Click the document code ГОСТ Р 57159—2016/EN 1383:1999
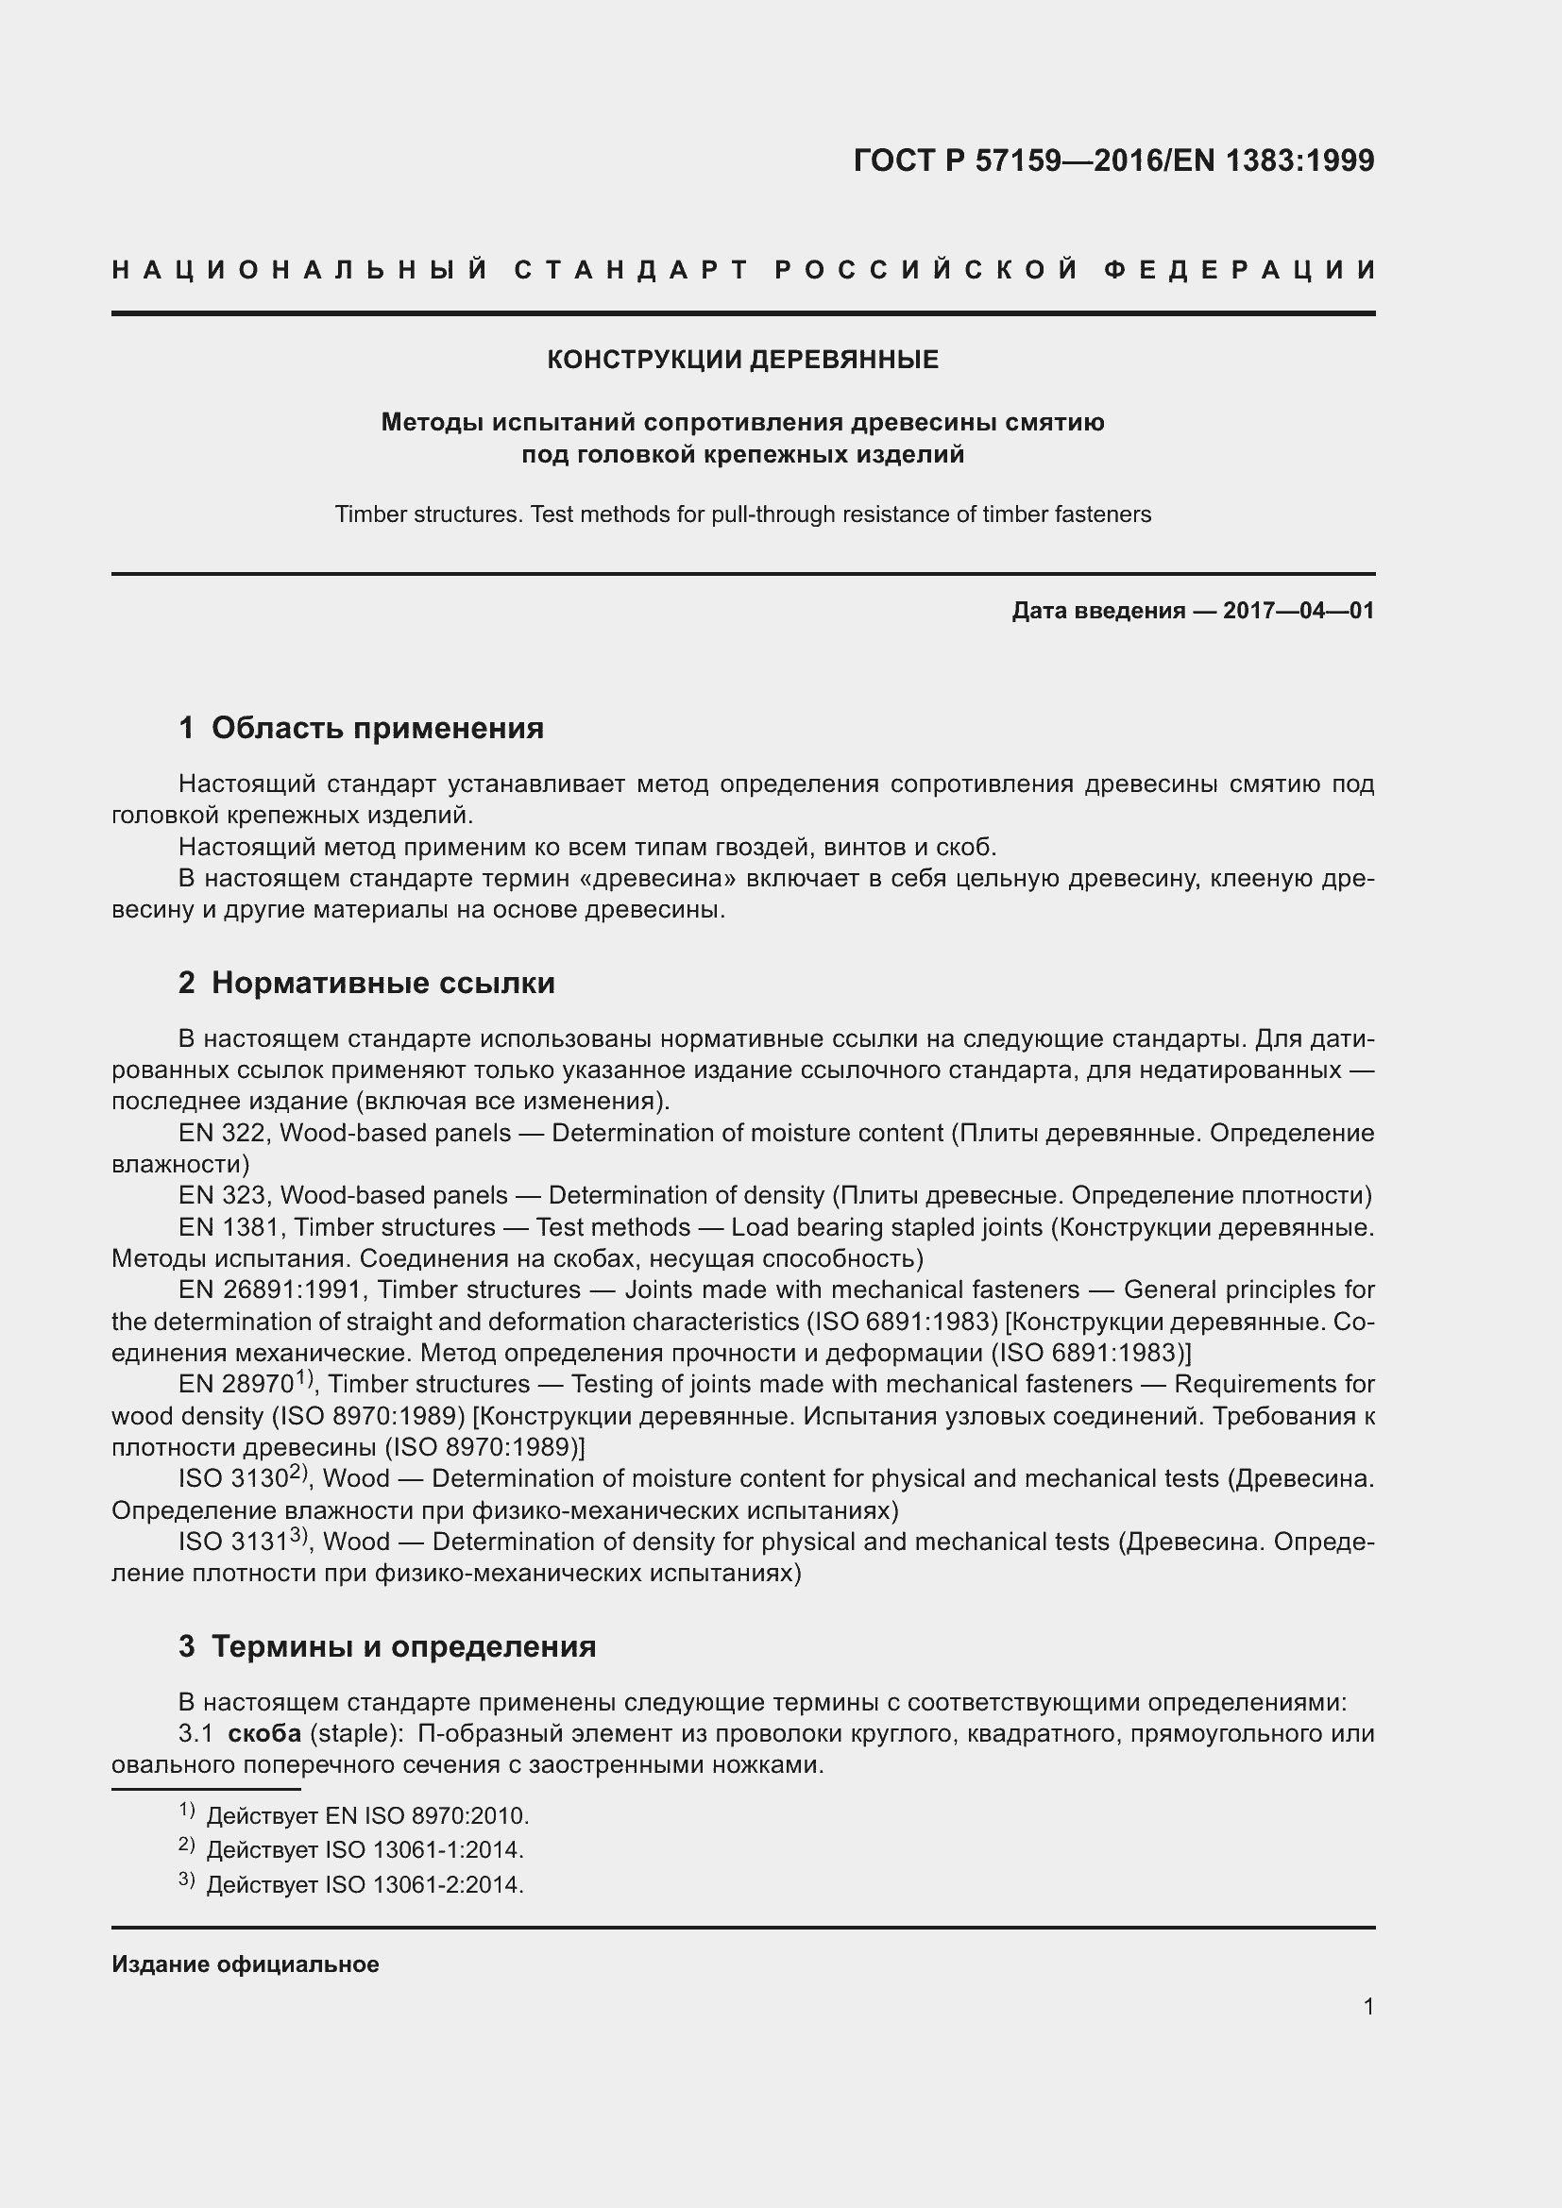click(x=1113, y=160)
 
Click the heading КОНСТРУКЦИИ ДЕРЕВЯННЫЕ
click(x=742, y=360)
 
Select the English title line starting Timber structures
click(x=742, y=514)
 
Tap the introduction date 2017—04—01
click(x=1298, y=611)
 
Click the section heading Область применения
click(x=377, y=728)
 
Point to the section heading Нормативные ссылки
click(x=382, y=983)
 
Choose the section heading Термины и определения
click(x=403, y=1646)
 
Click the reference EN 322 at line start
click(x=223, y=1133)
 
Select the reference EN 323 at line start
click(x=223, y=1195)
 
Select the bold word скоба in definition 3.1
click(x=264, y=1734)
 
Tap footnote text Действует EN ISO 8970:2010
click(x=367, y=1816)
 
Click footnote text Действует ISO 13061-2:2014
click(x=365, y=1885)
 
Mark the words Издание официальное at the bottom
click(x=246, y=1964)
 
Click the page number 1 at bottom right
click(x=1367, y=2007)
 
